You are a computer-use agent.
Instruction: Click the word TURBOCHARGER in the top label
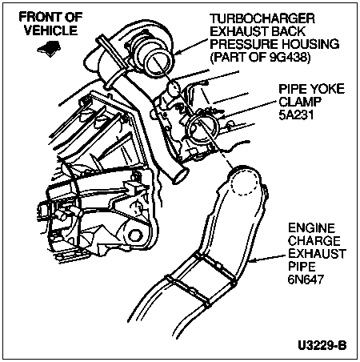pos(262,18)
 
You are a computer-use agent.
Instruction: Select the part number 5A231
pos(296,115)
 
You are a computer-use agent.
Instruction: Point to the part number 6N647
pos(306,279)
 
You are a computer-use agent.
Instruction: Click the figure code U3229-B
pos(322,345)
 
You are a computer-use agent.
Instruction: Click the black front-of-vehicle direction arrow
pos(50,48)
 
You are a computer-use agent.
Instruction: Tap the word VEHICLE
pos(50,30)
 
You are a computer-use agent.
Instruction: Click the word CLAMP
pos(300,102)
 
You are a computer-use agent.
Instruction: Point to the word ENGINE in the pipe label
pos(311,228)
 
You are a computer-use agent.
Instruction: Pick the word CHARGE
pos(314,241)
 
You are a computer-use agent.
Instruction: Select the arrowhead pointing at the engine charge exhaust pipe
pos(253,259)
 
